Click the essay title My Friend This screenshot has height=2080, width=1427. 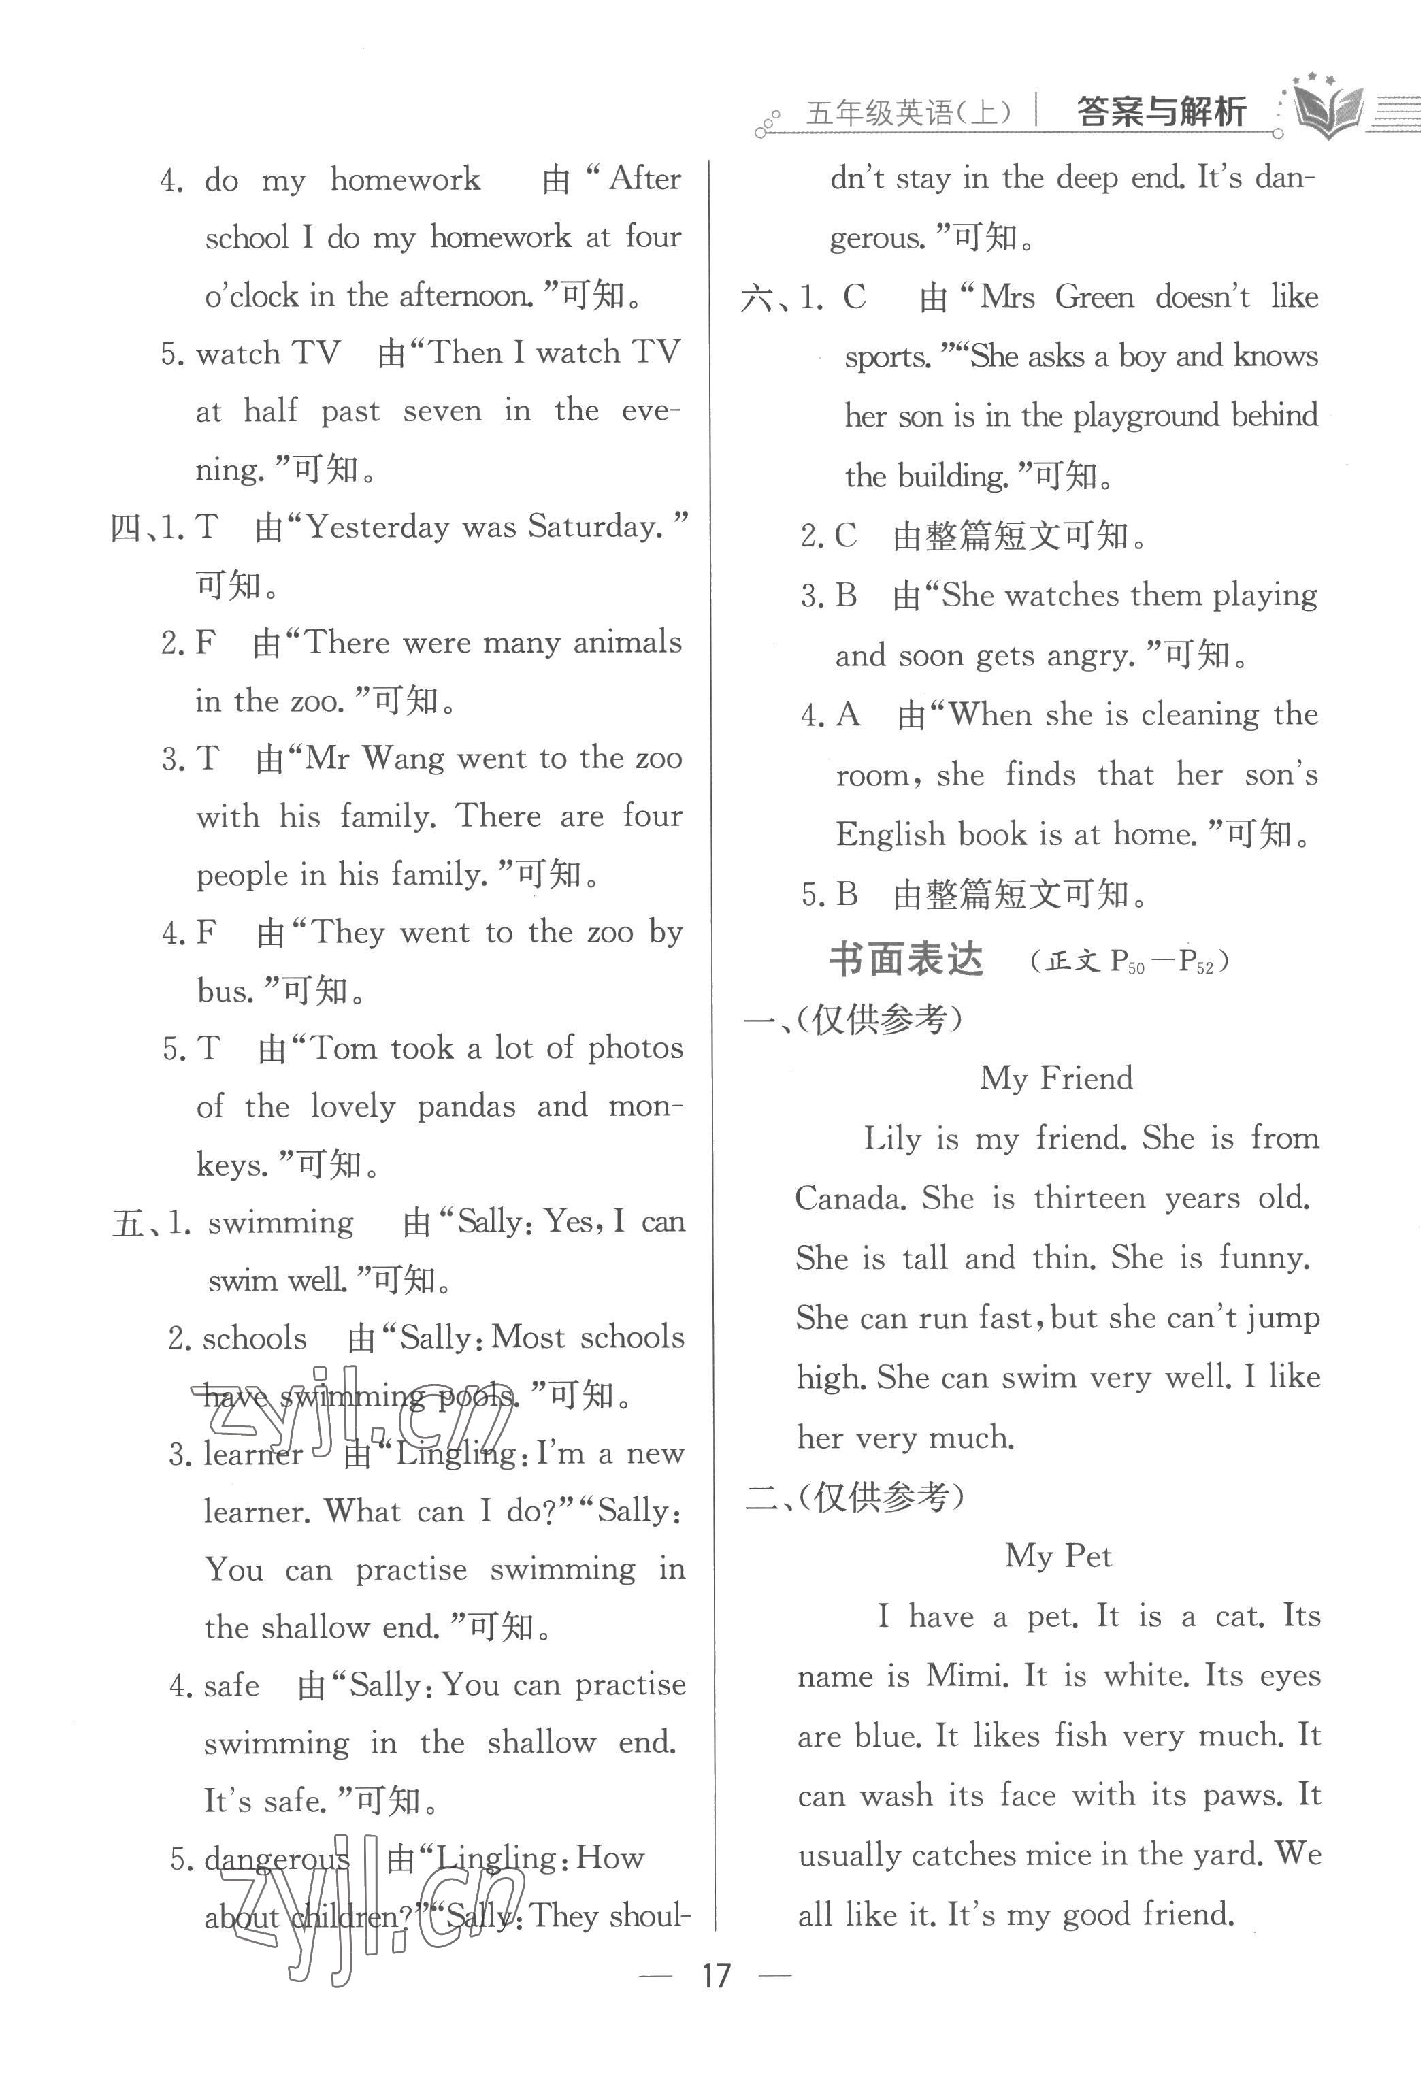coord(1056,1078)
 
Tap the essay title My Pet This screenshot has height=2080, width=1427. coord(1058,1556)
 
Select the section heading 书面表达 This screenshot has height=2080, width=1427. coord(906,960)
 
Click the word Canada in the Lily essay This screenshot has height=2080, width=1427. coord(848,1198)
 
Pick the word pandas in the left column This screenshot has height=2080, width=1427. coord(466,1107)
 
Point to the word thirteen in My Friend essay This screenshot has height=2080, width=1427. coord(1089,1198)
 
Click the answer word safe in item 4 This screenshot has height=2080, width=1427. coord(231,1686)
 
